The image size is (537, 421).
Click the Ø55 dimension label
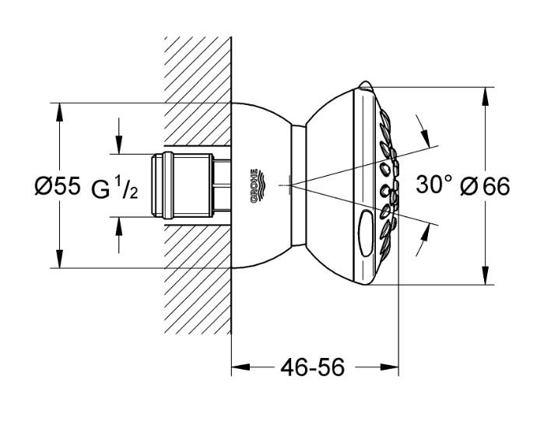click(57, 187)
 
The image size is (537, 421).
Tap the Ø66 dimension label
click(484, 187)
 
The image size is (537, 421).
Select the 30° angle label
click(433, 185)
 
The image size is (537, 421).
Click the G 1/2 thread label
click(115, 188)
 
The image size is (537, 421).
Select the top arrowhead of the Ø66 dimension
click(486, 93)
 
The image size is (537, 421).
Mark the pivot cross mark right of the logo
click(290, 185)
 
